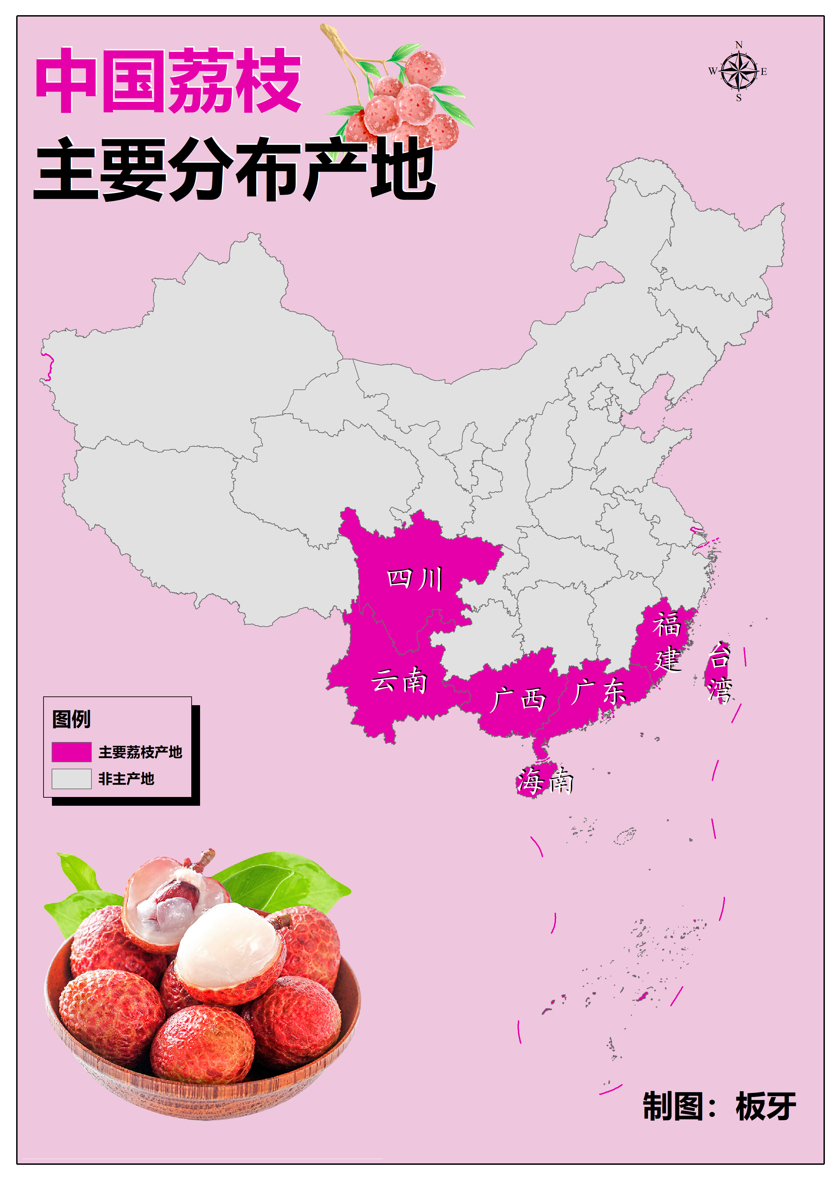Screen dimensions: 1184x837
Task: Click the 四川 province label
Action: [x=415, y=579]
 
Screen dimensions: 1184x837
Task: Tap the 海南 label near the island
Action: [x=545, y=781]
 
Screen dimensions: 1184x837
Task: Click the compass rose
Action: [x=738, y=72]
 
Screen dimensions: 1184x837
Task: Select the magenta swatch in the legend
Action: [x=72, y=751]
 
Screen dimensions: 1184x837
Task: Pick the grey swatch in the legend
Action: [x=72, y=779]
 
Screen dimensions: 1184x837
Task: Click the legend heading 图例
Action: [x=72, y=719]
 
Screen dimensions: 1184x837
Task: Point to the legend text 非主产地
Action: [x=127, y=779]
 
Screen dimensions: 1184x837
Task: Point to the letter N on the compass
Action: [x=738, y=45]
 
